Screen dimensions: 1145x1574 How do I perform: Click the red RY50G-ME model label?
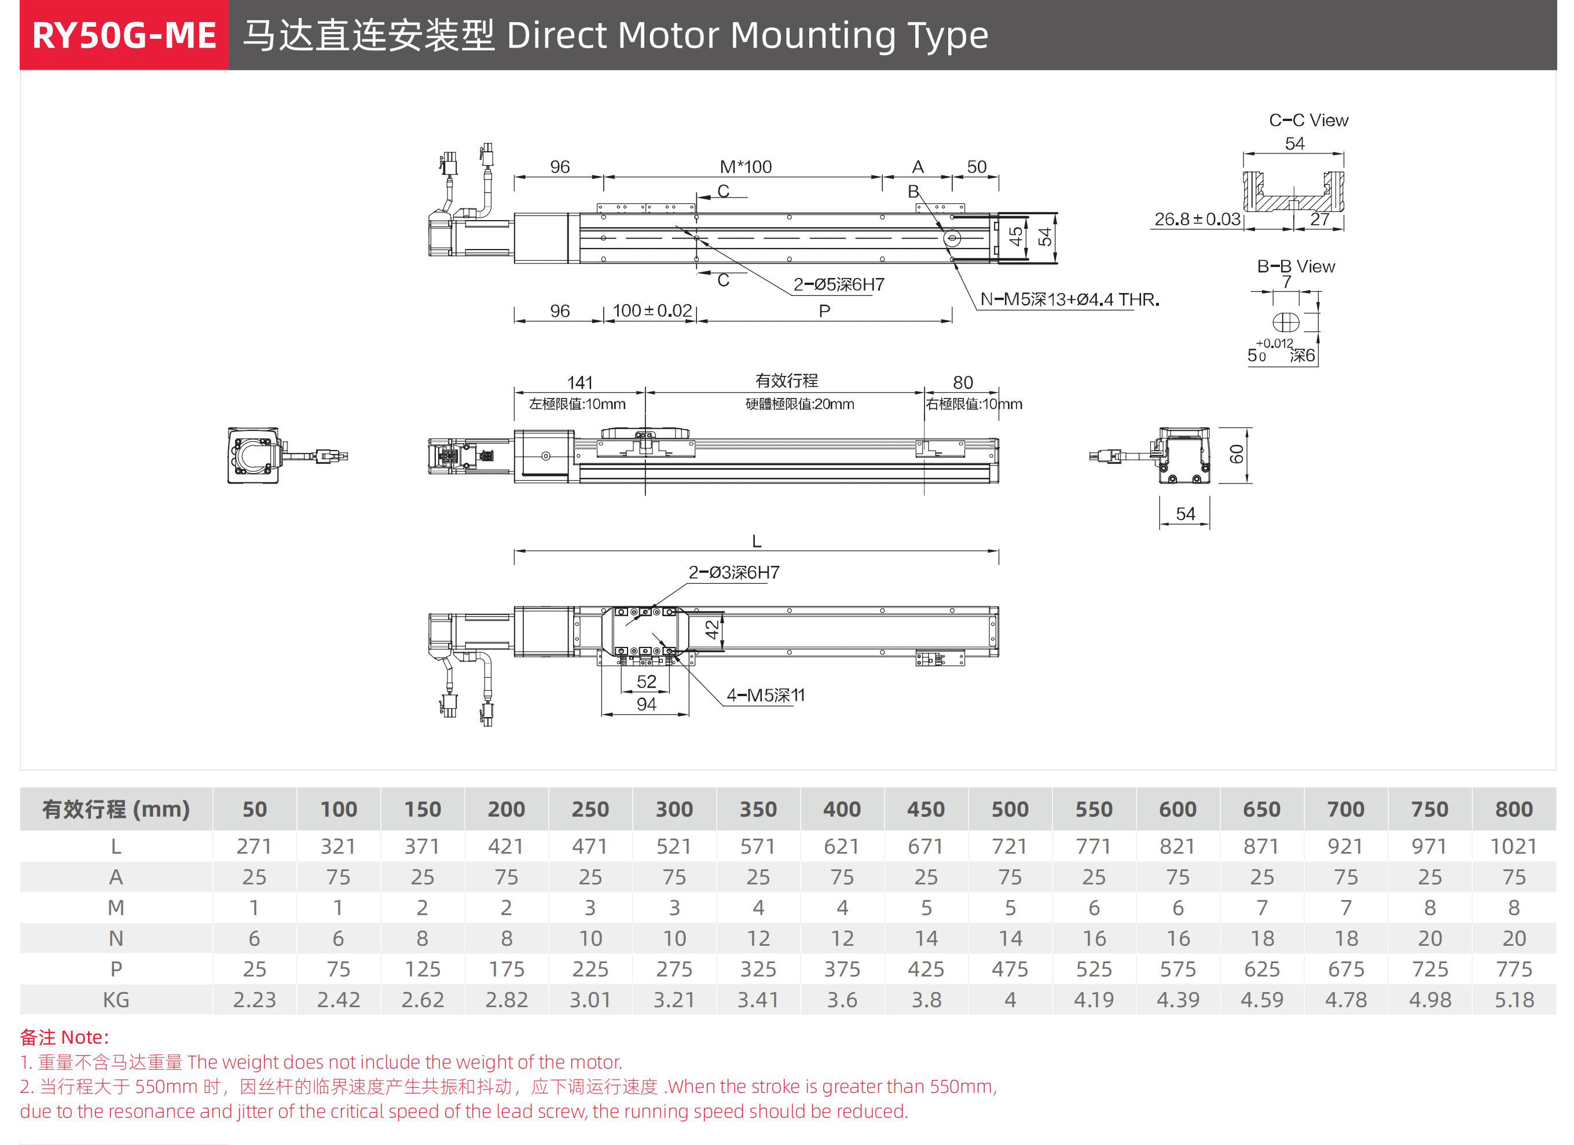coord(123,35)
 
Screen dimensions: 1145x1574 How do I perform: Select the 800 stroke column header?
coord(1514,809)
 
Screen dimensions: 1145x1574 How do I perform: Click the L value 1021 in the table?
coord(1514,846)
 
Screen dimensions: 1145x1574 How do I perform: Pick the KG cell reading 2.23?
coord(254,1000)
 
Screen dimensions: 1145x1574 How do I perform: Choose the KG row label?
coord(116,1000)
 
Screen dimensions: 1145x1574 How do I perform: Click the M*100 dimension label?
coord(746,167)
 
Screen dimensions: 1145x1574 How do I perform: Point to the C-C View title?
coord(1308,120)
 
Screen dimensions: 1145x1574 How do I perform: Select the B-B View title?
coord(1296,266)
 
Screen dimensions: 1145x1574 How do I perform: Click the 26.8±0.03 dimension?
coord(1197,220)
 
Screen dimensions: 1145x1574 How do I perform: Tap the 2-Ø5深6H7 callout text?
coord(838,285)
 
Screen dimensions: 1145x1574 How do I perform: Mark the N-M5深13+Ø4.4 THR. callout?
coord(1069,300)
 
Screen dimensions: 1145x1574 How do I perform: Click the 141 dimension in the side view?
coord(579,383)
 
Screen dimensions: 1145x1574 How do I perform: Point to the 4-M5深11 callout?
coord(765,695)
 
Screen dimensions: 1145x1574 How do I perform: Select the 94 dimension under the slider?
coord(646,704)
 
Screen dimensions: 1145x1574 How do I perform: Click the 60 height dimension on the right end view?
coord(1236,454)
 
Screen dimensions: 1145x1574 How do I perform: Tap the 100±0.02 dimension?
coord(652,310)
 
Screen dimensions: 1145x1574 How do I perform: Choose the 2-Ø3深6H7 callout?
coord(733,572)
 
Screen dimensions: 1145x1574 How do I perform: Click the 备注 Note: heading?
coord(64,1037)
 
